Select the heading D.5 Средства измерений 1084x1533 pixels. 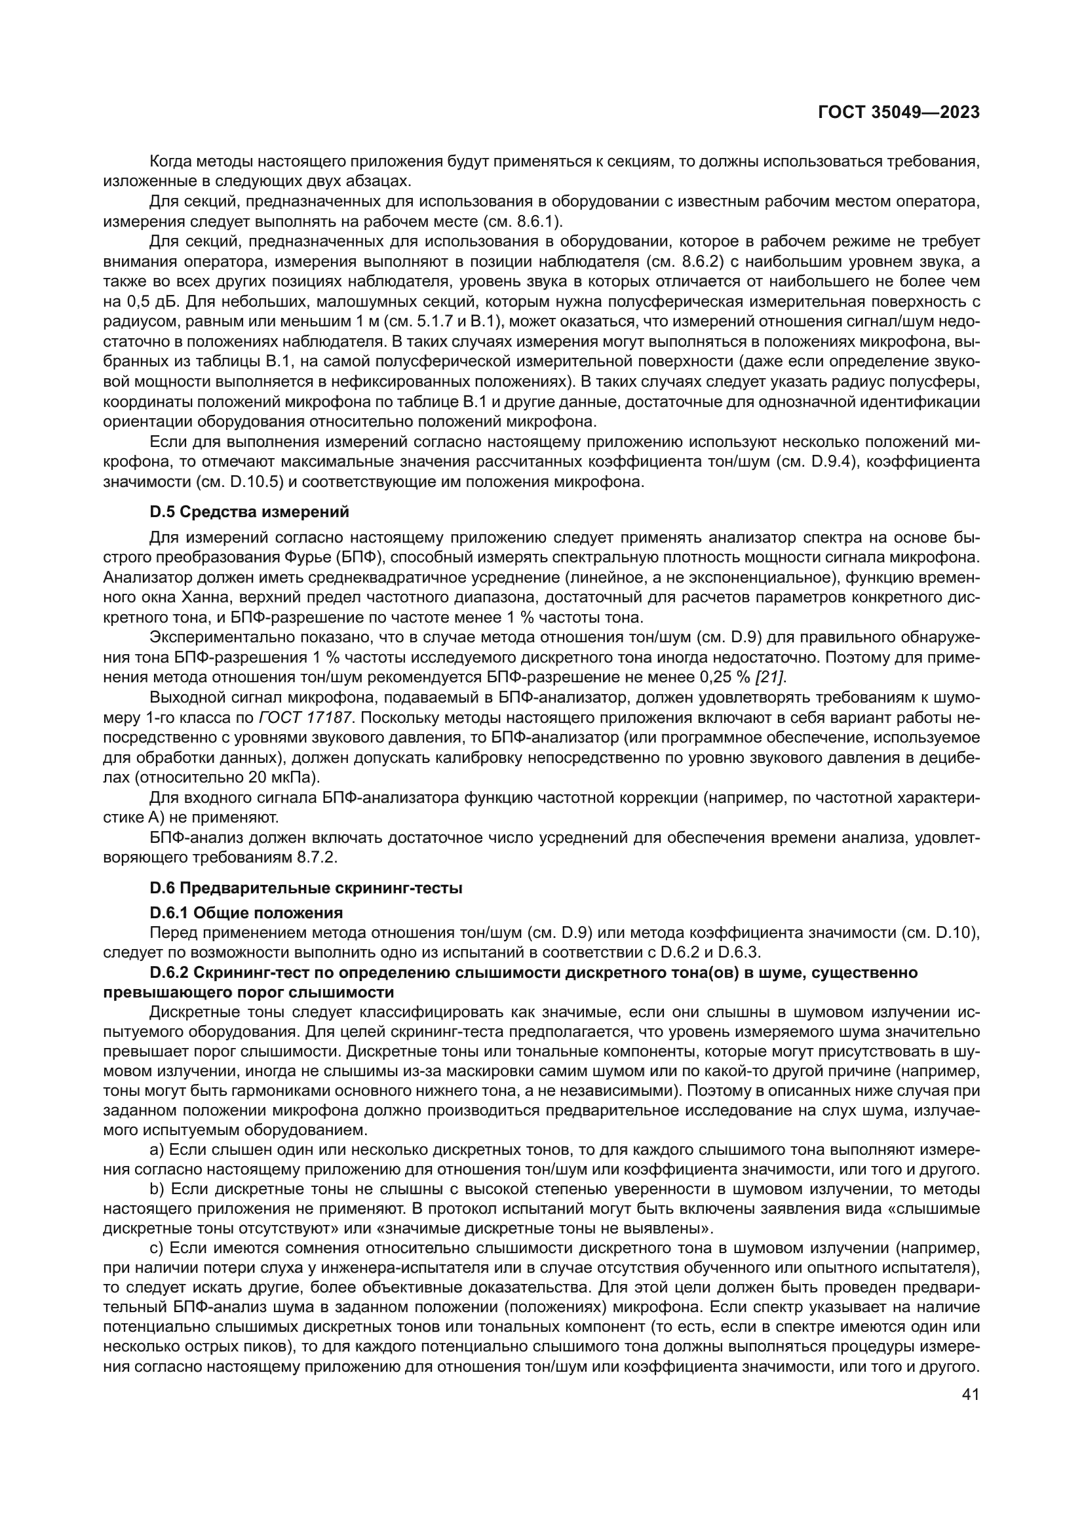pyautogui.click(x=249, y=512)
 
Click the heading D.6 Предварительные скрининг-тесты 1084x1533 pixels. pyautogui.click(x=305, y=889)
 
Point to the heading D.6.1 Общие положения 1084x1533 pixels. pyautogui.click(x=246, y=913)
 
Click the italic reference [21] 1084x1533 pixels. pyautogui.click(x=769, y=678)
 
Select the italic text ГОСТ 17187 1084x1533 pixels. pyautogui.click(x=305, y=718)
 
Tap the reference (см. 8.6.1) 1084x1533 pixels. pyautogui.click(x=527, y=221)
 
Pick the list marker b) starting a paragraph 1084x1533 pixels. pyautogui.click(x=157, y=1189)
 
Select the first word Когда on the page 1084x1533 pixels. pyautogui.click(x=169, y=161)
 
